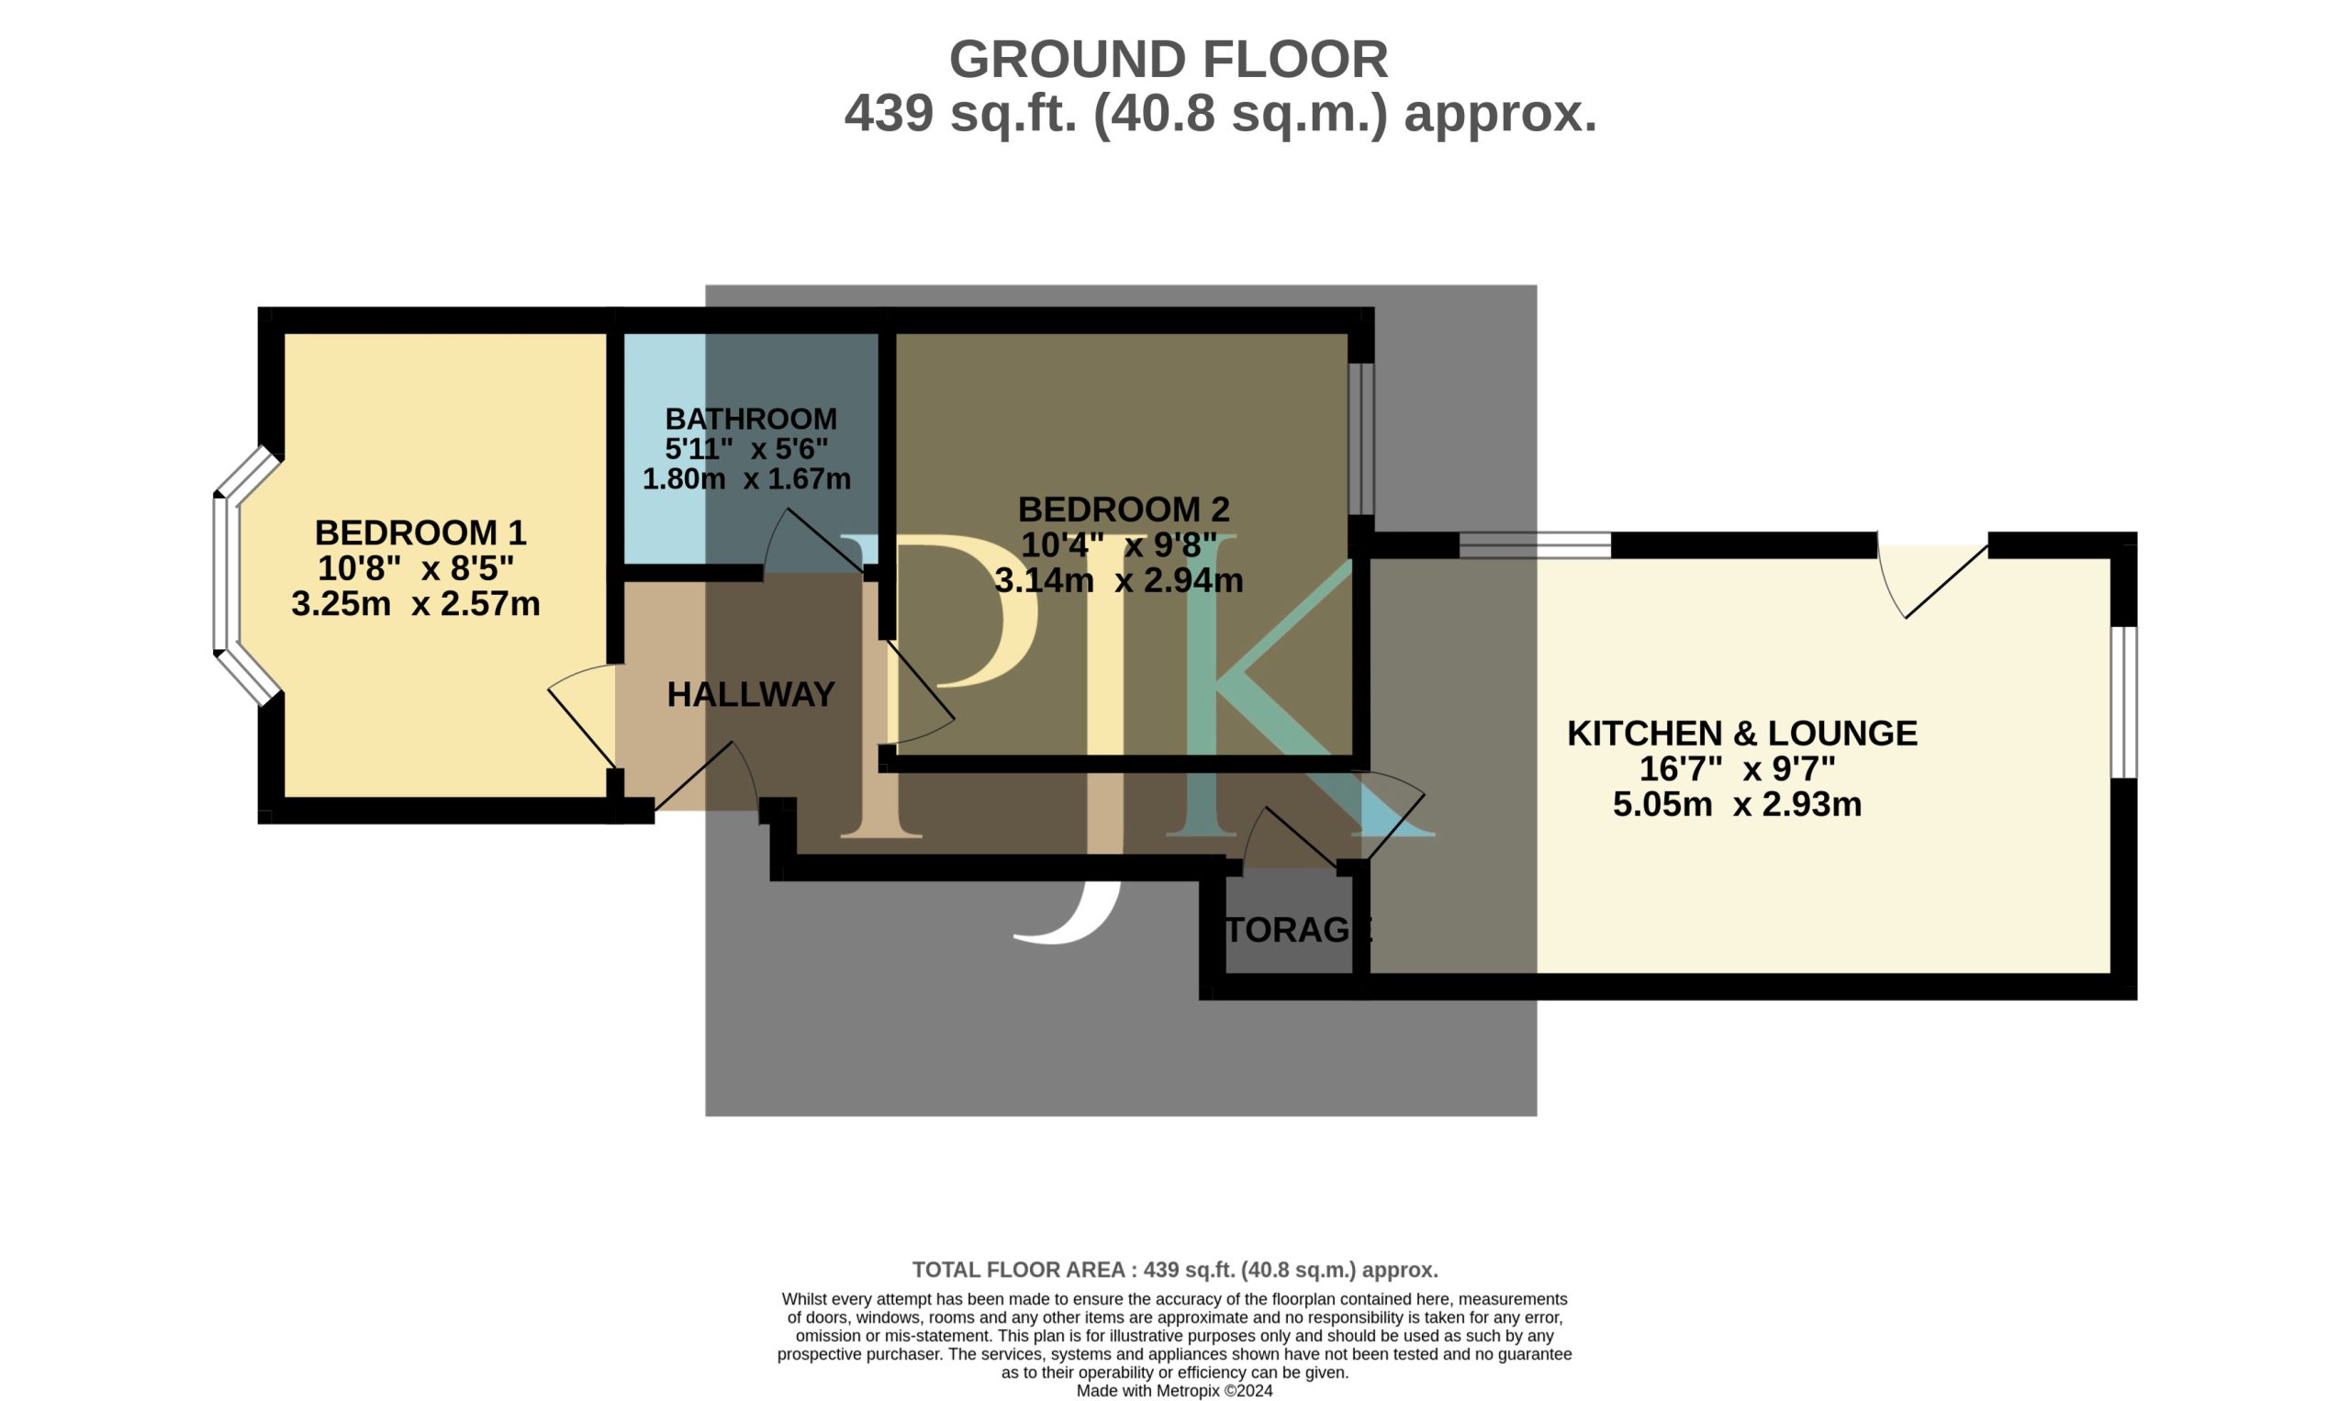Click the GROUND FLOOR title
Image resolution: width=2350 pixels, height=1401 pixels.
(x=1169, y=60)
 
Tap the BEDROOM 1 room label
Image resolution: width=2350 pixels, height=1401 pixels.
(x=420, y=532)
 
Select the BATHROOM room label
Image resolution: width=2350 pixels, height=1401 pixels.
(x=750, y=419)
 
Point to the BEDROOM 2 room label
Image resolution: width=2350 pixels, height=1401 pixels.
(x=1123, y=509)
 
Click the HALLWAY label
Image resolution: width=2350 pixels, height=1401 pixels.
(x=750, y=695)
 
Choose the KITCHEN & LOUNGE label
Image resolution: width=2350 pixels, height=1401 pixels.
(x=1742, y=733)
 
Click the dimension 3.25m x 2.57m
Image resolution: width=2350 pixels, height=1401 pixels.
(x=415, y=603)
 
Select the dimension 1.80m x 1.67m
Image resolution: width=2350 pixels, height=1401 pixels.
(x=746, y=478)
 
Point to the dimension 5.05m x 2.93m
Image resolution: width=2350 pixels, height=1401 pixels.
(x=1738, y=804)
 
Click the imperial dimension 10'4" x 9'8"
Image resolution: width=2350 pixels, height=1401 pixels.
(x=1119, y=544)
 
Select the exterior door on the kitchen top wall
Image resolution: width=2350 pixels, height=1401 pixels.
(x=1932, y=579)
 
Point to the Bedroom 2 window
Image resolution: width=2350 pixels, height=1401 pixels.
(x=1360, y=439)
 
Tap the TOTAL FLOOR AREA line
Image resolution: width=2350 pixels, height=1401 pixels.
(x=1175, y=1270)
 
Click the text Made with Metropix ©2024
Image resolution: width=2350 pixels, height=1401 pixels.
(x=1175, y=1391)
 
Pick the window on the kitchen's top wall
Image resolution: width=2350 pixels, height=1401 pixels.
(x=1536, y=544)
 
